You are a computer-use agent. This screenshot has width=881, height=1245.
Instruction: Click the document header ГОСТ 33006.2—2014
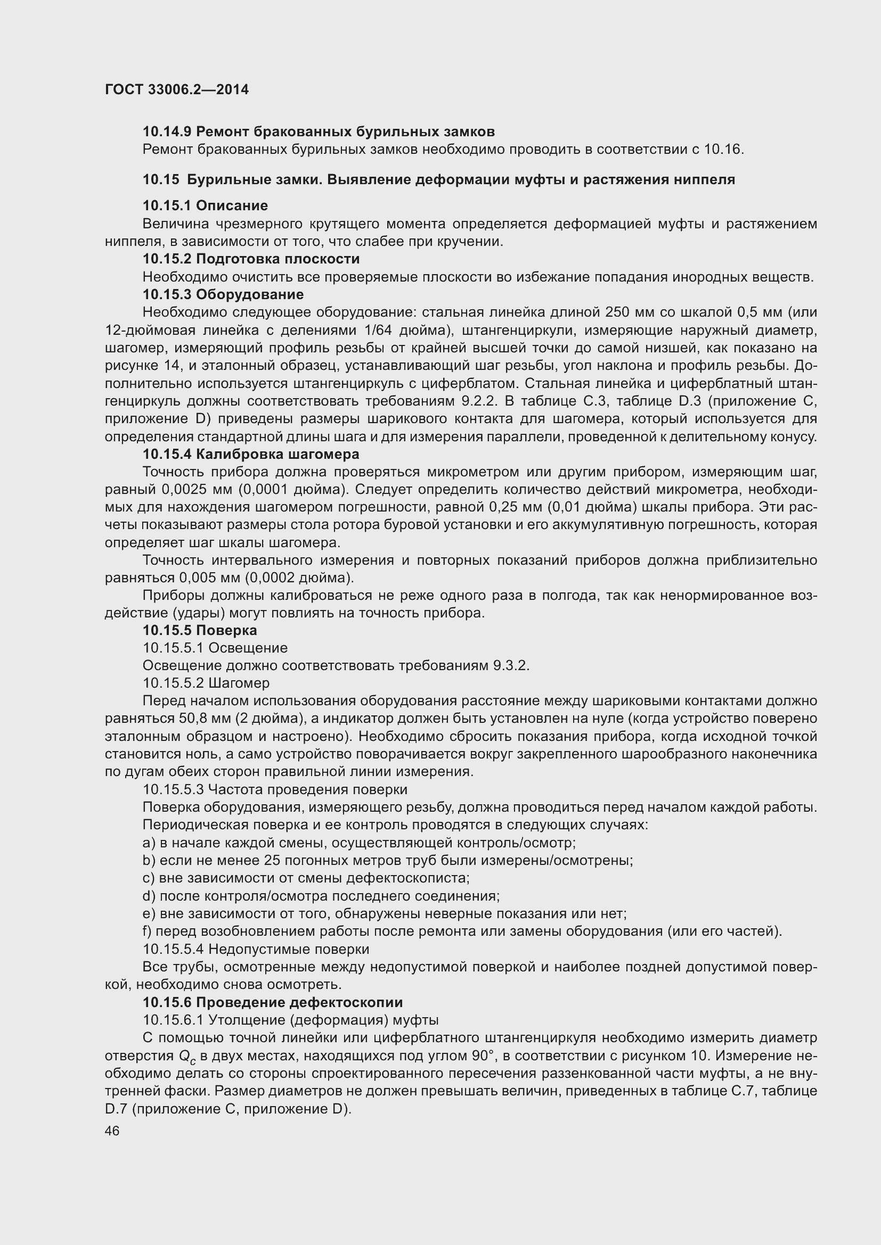click(176, 89)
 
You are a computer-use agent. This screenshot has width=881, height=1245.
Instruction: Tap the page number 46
click(112, 1131)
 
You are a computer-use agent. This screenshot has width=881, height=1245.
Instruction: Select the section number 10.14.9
click(167, 131)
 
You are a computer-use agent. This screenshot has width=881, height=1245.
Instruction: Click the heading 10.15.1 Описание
click(205, 205)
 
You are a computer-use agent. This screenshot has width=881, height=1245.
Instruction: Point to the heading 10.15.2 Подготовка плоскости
click(251, 259)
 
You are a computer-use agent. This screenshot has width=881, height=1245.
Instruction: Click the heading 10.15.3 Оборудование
click(223, 294)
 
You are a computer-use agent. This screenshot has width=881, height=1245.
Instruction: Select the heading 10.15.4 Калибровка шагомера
click(251, 454)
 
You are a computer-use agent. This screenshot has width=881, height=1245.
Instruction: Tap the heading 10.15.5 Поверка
click(200, 630)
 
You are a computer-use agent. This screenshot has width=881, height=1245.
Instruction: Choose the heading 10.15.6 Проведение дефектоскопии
click(272, 1002)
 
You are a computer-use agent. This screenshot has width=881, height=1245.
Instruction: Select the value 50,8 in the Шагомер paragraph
click(190, 719)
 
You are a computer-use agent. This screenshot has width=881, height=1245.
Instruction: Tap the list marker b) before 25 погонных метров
click(149, 861)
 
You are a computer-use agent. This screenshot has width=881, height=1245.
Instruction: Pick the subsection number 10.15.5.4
click(173, 949)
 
